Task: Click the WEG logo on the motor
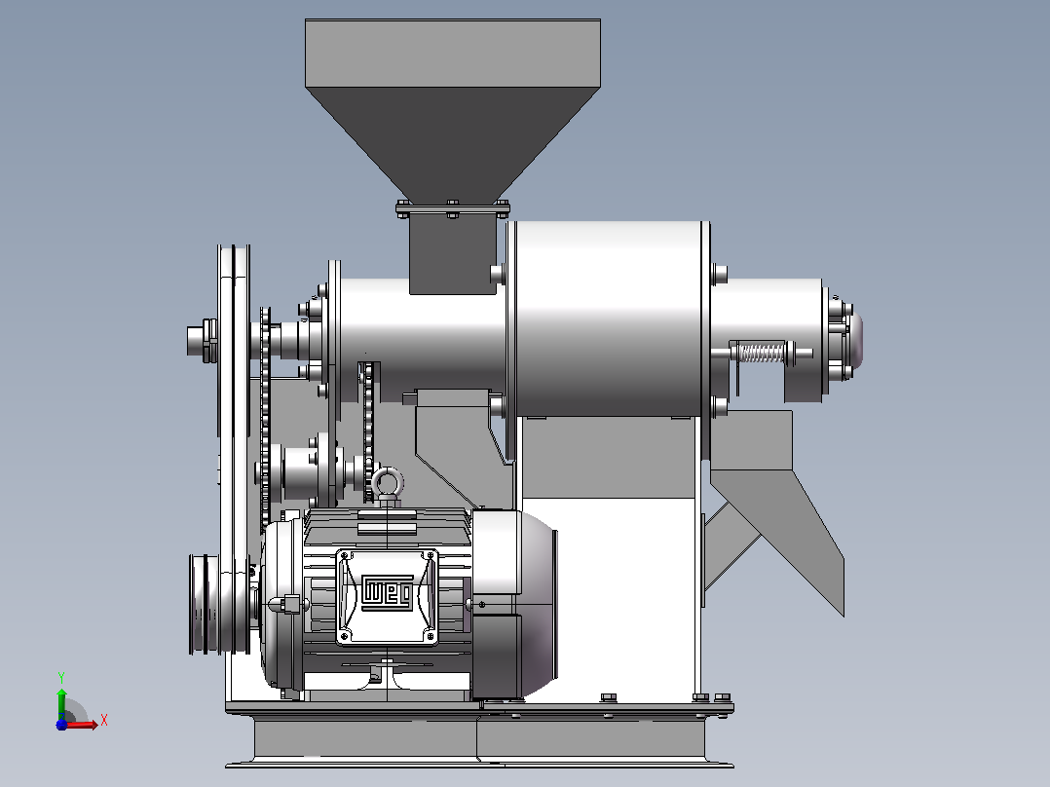point(387,592)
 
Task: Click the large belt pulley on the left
point(234,449)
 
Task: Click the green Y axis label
point(61,677)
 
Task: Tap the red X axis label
point(104,721)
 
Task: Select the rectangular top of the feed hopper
point(453,53)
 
